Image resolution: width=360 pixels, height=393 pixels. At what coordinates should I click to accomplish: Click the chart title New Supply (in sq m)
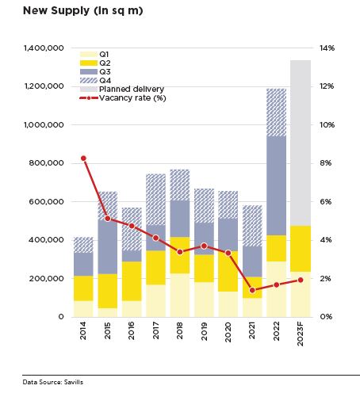coord(83,11)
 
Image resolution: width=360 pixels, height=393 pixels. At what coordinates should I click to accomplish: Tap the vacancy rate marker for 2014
coord(83,158)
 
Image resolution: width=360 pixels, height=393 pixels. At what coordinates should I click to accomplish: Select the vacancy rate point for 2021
coord(252,290)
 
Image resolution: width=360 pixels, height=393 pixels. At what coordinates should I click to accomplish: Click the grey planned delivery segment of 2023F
coord(301,143)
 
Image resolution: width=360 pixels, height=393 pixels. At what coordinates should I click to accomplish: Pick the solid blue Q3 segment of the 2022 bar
coord(277,185)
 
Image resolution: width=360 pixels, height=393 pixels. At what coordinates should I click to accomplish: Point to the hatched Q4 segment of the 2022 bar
coord(277,113)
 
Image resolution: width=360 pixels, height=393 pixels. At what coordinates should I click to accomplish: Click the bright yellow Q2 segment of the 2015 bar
coord(108,291)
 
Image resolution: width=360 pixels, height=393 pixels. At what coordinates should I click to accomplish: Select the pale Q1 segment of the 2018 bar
coord(180,295)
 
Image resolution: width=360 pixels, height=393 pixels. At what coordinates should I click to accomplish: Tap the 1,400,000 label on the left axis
coord(44,48)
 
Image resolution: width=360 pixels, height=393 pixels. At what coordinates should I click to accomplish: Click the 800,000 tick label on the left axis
coord(47,163)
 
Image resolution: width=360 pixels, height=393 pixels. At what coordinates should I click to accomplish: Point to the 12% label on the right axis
coord(327,86)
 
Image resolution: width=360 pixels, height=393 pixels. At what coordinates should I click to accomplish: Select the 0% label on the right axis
coord(326,316)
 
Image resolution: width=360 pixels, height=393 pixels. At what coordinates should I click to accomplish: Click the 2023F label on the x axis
coord(301,334)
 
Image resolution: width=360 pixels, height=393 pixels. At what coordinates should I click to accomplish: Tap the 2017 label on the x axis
coord(155,330)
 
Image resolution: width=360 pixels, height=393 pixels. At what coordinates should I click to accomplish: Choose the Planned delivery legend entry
coord(122,90)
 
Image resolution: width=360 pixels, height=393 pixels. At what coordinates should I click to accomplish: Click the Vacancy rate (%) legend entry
coord(123,98)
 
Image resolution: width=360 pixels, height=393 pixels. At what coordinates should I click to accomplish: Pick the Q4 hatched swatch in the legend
coord(89,81)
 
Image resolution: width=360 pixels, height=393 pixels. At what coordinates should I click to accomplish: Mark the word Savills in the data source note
coord(74,382)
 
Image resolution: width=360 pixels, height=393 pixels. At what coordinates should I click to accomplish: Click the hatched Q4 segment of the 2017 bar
coord(156,200)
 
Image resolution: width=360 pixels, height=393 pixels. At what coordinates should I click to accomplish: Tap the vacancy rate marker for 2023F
coord(301,280)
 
